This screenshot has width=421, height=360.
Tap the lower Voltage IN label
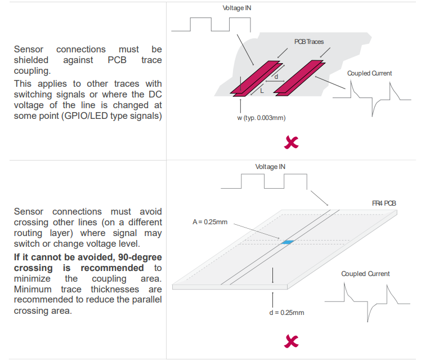[270, 167]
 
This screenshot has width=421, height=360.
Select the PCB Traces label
[309, 42]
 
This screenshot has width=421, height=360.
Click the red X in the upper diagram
[292, 143]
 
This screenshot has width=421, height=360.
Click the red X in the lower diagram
[291, 341]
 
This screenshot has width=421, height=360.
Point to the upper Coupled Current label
[369, 73]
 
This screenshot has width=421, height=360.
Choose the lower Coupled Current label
[365, 274]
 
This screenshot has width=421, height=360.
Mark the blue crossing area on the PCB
[288, 242]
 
